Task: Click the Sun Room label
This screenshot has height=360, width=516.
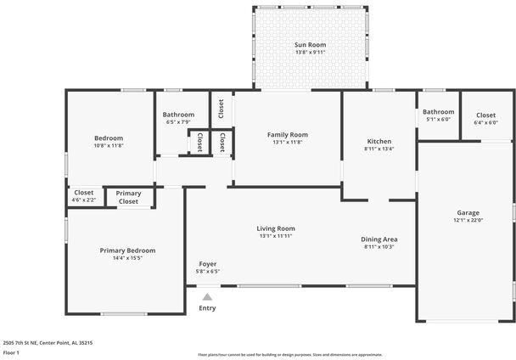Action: pos(310,44)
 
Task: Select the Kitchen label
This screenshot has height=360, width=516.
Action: pos(379,140)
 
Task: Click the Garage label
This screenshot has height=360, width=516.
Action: pos(468,212)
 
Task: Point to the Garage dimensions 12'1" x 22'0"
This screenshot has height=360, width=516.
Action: pos(468,221)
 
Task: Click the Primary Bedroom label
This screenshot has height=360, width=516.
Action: pos(127,250)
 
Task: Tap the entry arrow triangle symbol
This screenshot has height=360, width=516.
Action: pos(207,296)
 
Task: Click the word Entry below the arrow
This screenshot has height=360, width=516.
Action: pos(207,307)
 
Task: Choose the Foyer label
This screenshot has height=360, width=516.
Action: pos(207,263)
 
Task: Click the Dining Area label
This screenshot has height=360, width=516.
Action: pos(380,239)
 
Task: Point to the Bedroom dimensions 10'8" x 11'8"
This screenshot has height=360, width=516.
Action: pos(109,146)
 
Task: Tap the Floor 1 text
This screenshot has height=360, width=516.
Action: pos(12,352)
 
